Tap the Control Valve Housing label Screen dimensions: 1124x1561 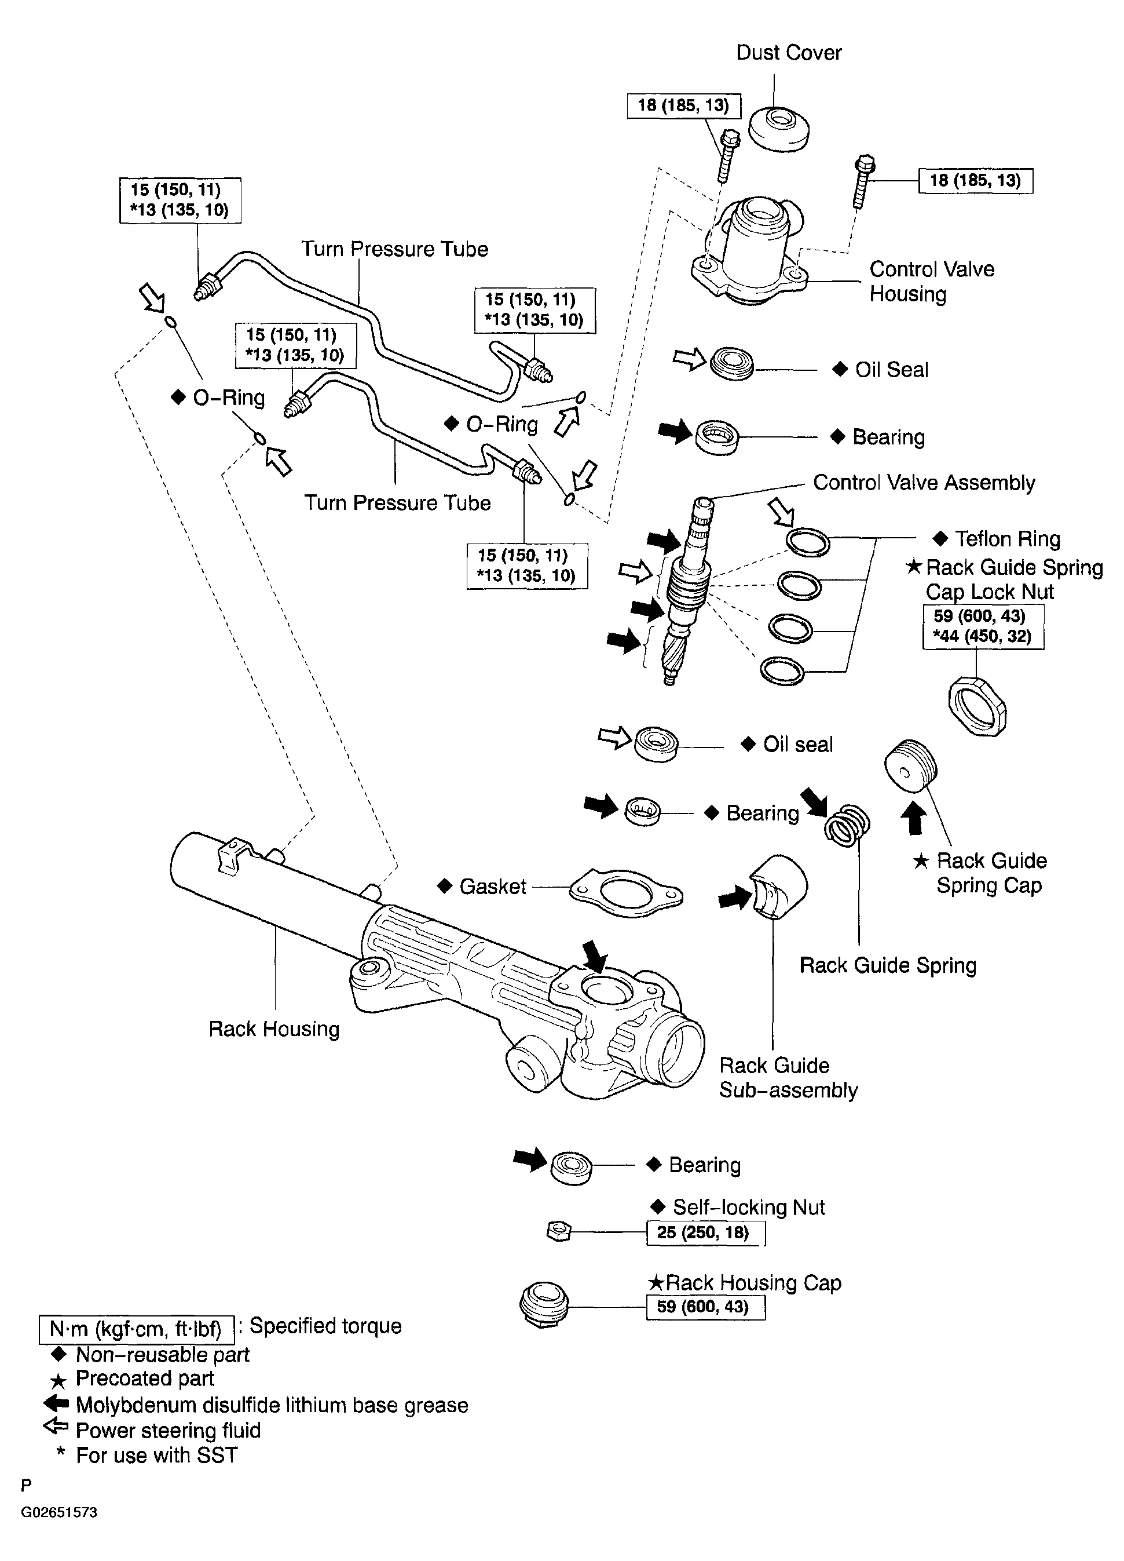931,282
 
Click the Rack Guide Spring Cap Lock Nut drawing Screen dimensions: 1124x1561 977,706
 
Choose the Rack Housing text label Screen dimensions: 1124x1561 274,1029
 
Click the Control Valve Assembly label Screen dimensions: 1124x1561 924,483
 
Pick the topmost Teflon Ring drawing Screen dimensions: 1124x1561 808,542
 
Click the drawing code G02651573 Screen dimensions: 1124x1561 59,1512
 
